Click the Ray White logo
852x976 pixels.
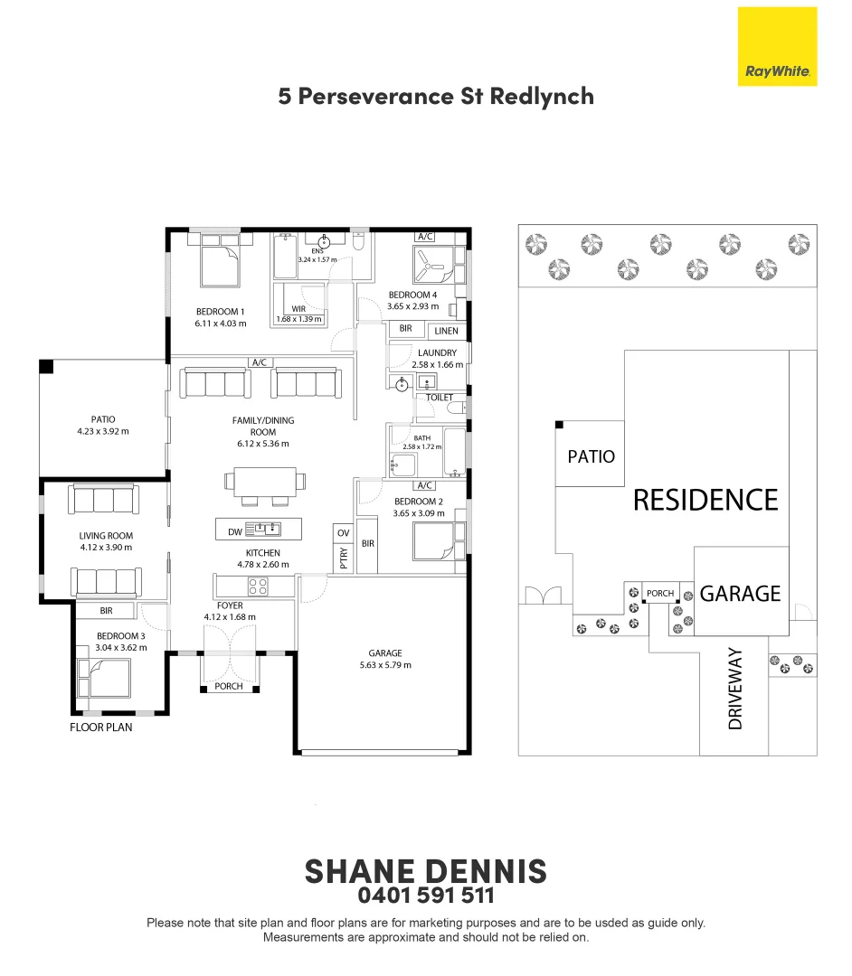[777, 47]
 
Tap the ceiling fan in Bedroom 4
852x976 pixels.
[431, 265]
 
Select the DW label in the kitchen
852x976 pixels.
[235, 531]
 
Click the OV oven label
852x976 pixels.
[343, 533]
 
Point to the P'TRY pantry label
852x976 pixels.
[344, 558]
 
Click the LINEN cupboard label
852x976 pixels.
[447, 331]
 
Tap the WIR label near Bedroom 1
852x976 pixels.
[299, 309]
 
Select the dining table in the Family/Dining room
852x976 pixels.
[265, 483]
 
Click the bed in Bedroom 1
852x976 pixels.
[219, 265]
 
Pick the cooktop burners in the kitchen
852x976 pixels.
[258, 587]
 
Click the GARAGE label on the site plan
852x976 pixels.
[740, 594]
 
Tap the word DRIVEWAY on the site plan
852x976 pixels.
[735, 689]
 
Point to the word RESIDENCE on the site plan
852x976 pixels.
[705, 500]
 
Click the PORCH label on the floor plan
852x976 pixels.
[229, 686]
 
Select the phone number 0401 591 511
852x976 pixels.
[426, 896]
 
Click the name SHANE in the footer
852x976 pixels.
[359, 871]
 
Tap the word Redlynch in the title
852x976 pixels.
[542, 97]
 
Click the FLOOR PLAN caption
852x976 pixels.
[101, 727]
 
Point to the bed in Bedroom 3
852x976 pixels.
[104, 678]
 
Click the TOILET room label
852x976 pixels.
[439, 397]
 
